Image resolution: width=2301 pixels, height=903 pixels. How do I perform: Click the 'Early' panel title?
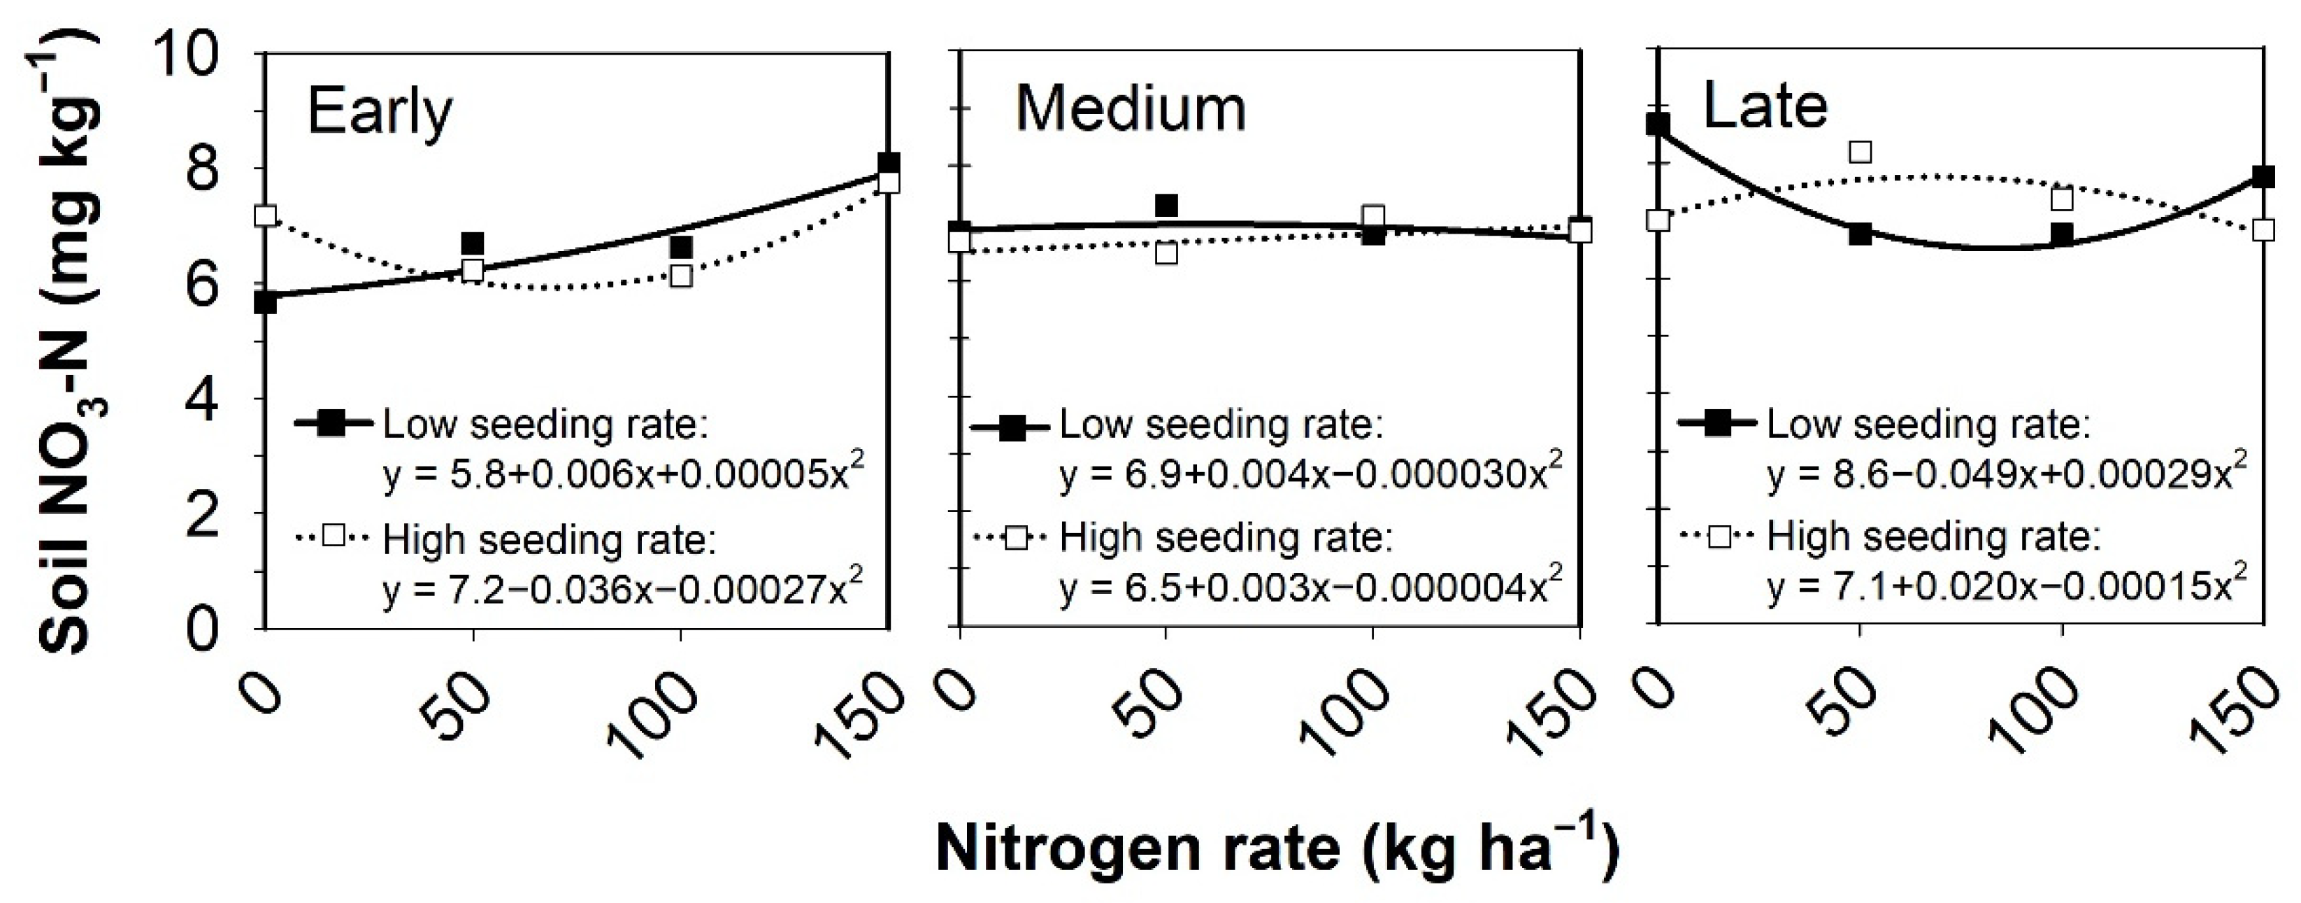pos(380,113)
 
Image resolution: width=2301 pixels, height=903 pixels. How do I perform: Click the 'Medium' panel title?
pos(1130,110)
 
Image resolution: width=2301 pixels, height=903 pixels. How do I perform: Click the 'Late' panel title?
pos(1765,106)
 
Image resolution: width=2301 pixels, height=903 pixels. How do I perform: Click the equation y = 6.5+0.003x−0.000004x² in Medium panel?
pos(1311,586)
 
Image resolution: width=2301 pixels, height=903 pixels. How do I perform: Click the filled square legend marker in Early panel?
pos(332,423)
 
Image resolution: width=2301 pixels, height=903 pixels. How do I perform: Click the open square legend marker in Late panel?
pos(1718,536)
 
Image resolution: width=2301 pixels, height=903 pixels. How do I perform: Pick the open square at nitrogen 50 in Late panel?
pos(1860,152)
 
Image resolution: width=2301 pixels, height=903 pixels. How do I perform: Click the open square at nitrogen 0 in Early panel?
pos(265,215)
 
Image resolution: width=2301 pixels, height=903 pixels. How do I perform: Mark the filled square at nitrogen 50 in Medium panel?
pos(1166,206)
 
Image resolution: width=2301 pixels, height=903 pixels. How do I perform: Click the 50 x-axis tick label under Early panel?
pos(466,704)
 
